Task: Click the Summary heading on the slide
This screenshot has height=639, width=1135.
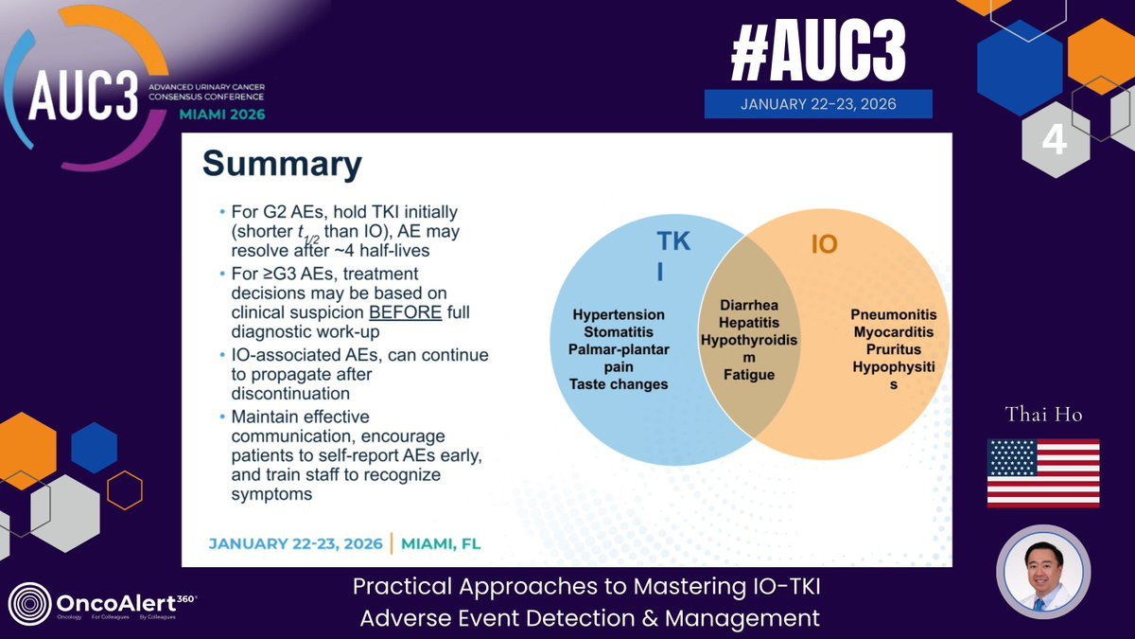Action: [x=282, y=164]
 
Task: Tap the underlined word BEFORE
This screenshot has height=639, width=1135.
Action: [x=406, y=312]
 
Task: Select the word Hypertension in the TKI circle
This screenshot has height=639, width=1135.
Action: [x=619, y=314]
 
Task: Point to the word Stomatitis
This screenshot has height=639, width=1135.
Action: [x=619, y=332]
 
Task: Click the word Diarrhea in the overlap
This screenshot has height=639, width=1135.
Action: [x=749, y=305]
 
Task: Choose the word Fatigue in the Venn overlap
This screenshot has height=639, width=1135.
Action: [x=749, y=375]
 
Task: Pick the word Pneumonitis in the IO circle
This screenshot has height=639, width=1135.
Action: [x=894, y=314]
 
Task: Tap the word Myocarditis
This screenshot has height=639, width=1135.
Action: [x=894, y=332]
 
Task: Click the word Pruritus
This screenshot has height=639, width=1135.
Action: [x=894, y=349]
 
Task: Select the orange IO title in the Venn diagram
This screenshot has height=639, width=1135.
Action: [x=825, y=244]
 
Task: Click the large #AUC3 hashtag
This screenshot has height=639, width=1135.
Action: [x=818, y=51]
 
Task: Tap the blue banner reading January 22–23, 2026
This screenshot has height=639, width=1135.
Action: [x=818, y=104]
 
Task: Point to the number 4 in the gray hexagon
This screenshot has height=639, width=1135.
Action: [x=1054, y=140]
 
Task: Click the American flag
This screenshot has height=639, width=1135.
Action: [x=1043, y=473]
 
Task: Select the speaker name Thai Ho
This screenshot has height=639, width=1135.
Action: [x=1044, y=415]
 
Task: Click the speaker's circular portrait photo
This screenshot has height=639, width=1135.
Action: [x=1043, y=572]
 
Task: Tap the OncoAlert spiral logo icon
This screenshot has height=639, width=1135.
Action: [x=30, y=604]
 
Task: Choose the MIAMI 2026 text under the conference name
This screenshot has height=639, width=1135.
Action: [x=222, y=115]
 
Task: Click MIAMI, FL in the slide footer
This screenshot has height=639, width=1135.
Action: [x=441, y=543]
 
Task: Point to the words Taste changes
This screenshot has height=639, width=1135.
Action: [x=619, y=384]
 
